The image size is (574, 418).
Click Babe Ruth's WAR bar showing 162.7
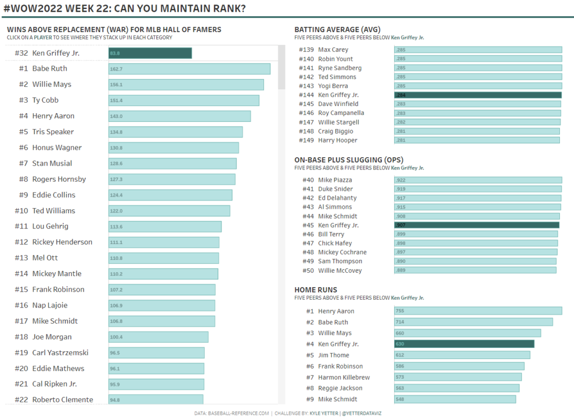(x=189, y=68)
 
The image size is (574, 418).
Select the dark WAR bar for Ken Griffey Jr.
(x=150, y=53)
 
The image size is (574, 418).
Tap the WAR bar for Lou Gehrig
(x=165, y=226)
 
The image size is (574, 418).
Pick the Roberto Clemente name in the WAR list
(x=62, y=399)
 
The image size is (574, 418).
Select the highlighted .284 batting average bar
(x=478, y=95)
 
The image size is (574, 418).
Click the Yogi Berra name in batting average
(x=333, y=86)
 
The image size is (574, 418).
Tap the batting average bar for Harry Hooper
(x=476, y=140)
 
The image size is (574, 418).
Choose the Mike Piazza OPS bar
(x=478, y=180)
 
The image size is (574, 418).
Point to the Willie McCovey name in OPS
(x=340, y=270)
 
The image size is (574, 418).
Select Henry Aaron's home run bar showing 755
(x=478, y=311)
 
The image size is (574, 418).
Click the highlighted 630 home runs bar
(x=464, y=344)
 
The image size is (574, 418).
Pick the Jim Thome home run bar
(x=462, y=355)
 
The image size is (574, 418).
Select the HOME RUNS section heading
(x=316, y=290)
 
